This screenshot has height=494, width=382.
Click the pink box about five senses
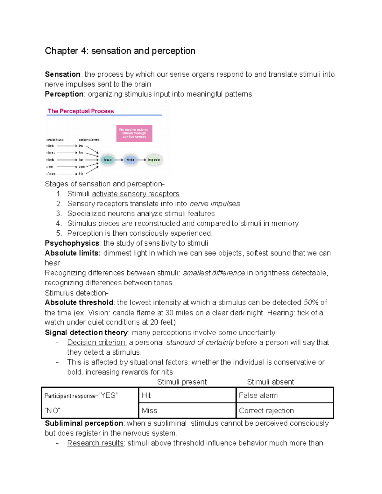134,133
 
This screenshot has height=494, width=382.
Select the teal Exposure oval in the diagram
108,160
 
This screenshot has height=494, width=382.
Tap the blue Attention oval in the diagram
130,160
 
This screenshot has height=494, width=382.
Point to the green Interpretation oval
154,160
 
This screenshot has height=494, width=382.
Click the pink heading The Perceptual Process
81,111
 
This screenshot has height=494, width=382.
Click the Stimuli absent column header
270,382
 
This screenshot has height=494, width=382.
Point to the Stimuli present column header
182,382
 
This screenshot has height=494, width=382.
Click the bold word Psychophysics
72,243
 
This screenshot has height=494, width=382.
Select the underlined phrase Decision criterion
97,343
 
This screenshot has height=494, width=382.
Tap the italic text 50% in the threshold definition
311,303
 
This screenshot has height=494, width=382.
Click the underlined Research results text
95,443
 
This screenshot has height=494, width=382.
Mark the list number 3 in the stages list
59,213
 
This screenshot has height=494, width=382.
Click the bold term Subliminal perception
84,423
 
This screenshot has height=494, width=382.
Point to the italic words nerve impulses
215,204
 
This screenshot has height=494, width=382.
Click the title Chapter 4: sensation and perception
120,51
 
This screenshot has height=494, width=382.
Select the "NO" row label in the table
53,411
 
